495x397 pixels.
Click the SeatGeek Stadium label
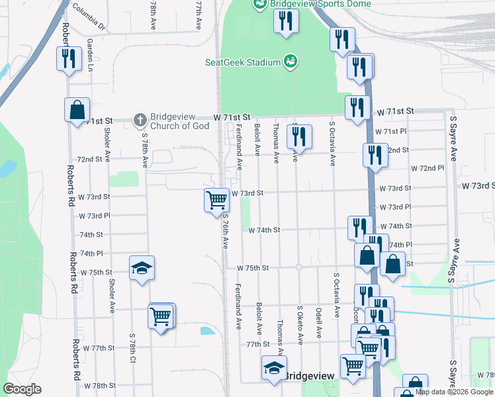point(242,63)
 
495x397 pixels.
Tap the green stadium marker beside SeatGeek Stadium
point(289,62)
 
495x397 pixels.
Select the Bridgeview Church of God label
point(179,121)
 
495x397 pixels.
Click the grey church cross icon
point(140,120)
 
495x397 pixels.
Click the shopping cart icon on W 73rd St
point(216,199)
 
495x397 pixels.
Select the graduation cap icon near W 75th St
point(141,267)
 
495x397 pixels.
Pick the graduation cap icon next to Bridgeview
point(273,368)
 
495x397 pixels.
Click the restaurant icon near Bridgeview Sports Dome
point(285,21)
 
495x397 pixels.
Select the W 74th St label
point(265,230)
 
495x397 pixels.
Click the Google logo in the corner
point(22,389)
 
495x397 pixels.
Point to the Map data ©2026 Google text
point(454,392)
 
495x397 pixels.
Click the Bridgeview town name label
point(310,376)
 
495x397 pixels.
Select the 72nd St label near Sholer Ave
point(90,159)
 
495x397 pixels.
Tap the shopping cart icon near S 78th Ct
point(161,317)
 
